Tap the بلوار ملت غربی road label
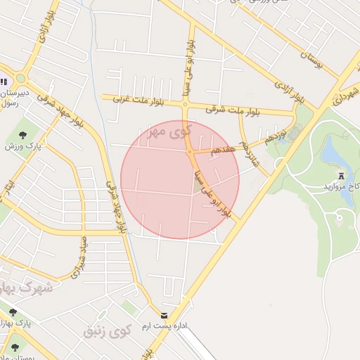139,101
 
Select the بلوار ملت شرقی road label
233,110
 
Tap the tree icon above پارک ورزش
22,133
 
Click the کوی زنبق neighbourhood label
107,330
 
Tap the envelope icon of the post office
164,316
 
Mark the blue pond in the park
330,150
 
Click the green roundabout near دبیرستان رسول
20,79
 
